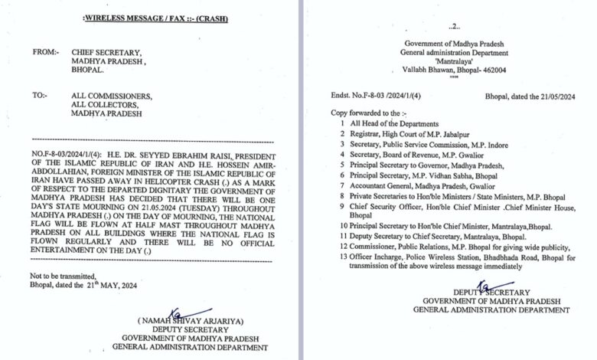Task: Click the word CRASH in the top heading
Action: [213, 18]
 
